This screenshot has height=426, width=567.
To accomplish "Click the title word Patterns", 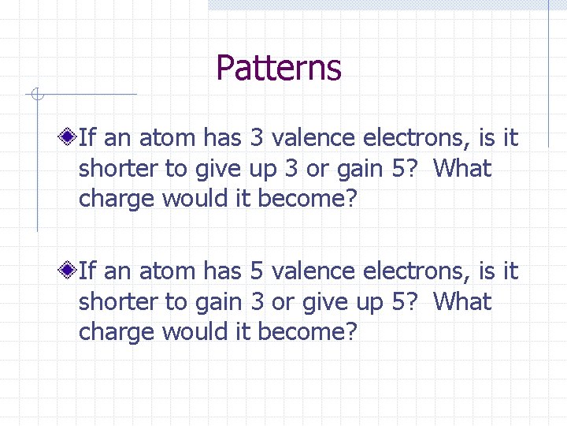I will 279,68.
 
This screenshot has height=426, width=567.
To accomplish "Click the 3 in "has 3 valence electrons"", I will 257,138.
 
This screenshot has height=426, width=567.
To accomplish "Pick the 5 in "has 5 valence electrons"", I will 257,271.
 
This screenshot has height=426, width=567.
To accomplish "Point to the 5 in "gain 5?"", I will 405,169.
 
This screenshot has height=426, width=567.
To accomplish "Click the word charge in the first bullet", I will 117,200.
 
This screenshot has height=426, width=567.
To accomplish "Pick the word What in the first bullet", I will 462,169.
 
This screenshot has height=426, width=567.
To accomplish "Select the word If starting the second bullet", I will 87,271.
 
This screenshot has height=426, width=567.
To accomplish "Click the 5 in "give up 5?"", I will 405,302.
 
